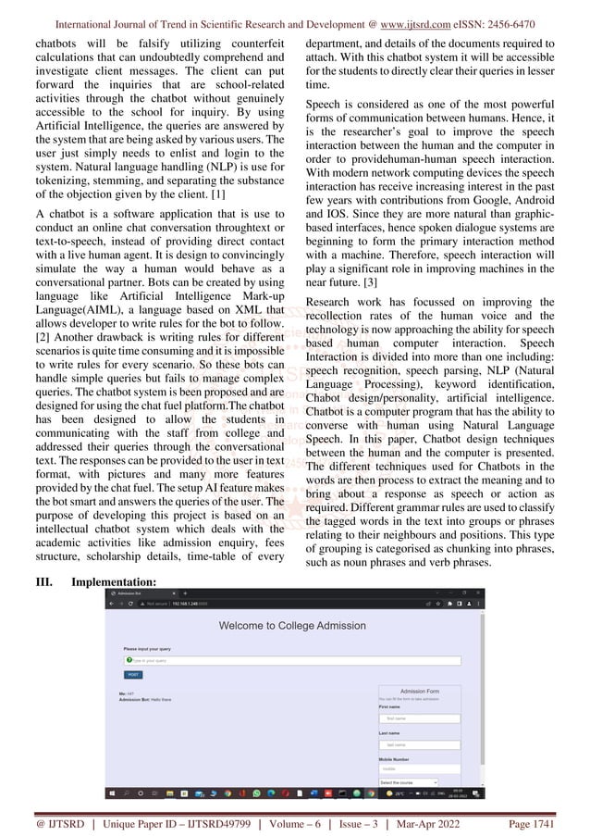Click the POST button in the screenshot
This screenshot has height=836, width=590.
point(133,675)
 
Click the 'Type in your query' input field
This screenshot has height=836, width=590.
point(292,661)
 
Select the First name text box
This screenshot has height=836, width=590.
point(419,717)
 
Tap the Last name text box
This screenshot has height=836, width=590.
point(419,743)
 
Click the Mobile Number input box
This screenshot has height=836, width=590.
point(419,768)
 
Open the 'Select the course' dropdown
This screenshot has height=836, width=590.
point(408,782)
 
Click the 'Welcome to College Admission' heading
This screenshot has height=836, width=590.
point(292,626)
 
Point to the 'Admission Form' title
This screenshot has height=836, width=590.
point(419,692)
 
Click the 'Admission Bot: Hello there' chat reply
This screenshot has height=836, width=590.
point(145,700)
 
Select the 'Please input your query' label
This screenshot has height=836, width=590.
point(146,649)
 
